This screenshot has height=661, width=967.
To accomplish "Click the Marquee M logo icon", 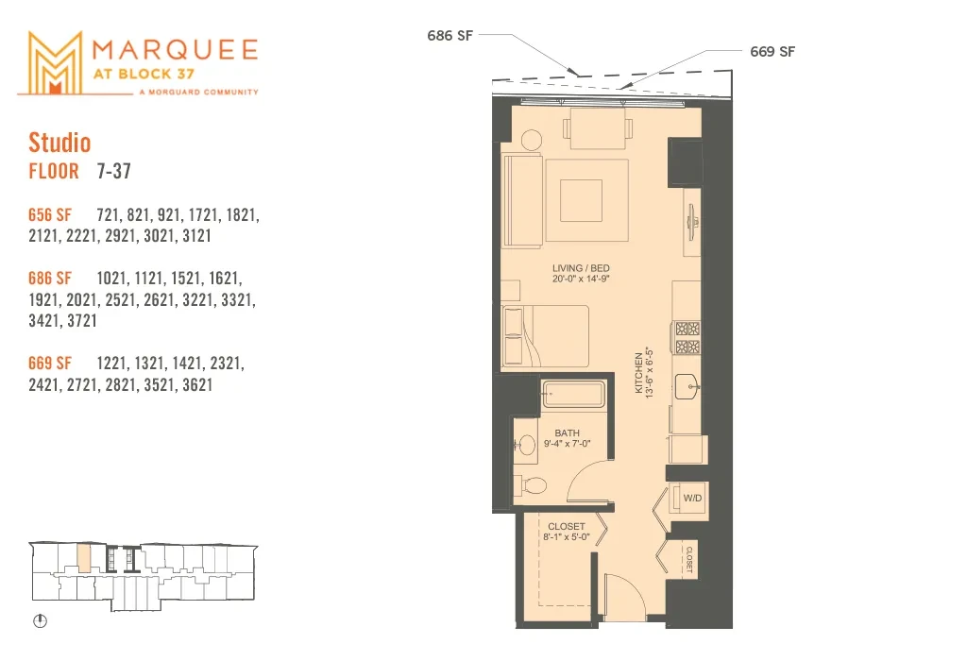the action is tap(55, 63).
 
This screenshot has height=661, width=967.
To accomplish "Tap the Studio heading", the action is tap(59, 143).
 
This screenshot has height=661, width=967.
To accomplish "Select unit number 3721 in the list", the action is tap(81, 321).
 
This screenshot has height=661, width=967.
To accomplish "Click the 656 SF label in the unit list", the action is tap(50, 214).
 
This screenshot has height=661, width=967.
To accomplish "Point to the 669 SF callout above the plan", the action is tap(772, 52).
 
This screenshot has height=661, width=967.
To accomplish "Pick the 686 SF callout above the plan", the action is tap(450, 36).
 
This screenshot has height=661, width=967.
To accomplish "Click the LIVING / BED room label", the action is tap(581, 268).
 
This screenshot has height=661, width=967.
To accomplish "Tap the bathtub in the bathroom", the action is tap(573, 394).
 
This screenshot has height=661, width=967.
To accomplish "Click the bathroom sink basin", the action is tap(525, 444).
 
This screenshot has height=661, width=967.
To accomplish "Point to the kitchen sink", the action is tap(687, 386).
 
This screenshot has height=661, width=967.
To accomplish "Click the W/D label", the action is tap(692, 498).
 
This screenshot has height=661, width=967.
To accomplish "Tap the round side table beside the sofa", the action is tap(531, 140).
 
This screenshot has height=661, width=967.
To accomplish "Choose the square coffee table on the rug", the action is tap(581, 200).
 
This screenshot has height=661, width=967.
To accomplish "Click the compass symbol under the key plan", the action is tap(40, 621).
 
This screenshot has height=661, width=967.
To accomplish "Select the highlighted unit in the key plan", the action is tap(84, 557).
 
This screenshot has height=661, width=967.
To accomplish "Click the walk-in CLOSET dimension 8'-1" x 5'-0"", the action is tap(567, 537).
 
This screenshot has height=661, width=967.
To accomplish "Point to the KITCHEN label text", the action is tap(639, 372).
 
